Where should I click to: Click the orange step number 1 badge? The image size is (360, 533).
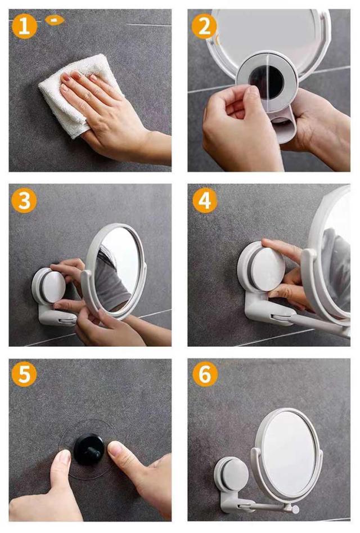click(x=24, y=26)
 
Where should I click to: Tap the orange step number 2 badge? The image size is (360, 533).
click(x=204, y=26)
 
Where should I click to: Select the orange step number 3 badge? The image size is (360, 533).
click(x=24, y=200)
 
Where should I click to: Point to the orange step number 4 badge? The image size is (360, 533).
click(x=204, y=200)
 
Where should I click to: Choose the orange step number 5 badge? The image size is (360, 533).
click(x=24, y=375)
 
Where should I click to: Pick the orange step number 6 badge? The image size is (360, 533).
click(x=204, y=375)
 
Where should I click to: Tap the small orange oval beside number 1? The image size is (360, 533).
click(x=55, y=20)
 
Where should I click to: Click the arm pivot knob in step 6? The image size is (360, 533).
click(x=295, y=509)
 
